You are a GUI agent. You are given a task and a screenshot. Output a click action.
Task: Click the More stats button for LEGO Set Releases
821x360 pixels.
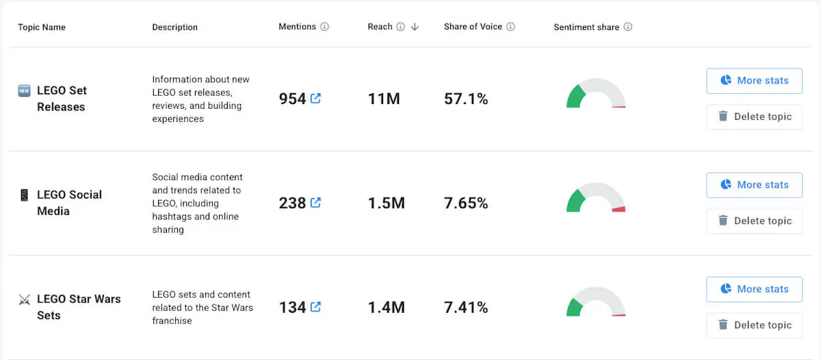754,81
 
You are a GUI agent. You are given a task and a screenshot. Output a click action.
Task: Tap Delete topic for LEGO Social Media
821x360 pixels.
754,221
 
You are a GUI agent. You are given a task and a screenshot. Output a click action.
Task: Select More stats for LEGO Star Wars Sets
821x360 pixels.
754,290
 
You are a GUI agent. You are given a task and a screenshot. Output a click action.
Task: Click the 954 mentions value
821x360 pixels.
292,99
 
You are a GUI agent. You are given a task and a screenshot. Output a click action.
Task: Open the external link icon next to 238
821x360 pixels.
315,203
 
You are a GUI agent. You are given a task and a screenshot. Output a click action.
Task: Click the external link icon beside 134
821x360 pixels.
315,307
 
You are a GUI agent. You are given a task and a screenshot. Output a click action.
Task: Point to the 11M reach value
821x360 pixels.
383,99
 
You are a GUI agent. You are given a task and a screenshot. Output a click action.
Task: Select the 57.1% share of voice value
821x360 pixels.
466,99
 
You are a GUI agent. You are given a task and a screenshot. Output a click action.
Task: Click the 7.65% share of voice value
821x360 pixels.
466,203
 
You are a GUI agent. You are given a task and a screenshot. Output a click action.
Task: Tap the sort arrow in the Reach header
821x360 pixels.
415,27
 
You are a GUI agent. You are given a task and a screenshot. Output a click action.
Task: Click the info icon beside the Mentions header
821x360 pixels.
324,27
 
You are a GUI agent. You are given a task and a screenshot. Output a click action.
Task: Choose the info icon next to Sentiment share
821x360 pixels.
627,27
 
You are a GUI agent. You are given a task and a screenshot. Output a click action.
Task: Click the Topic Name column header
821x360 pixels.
42,27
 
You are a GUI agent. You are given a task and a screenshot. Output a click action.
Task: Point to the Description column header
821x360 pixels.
174,27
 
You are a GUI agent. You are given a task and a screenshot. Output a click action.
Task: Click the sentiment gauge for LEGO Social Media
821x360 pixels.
596,199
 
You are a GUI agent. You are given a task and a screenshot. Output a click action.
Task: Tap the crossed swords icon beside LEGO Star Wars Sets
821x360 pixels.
25,299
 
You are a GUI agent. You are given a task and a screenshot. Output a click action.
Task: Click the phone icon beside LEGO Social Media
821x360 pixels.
25,195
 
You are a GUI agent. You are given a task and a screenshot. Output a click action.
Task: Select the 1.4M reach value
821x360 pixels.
386,307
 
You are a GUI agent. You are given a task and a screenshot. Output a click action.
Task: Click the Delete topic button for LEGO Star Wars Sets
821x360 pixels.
754,325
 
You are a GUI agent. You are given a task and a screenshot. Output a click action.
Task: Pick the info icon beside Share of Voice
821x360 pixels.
510,27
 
